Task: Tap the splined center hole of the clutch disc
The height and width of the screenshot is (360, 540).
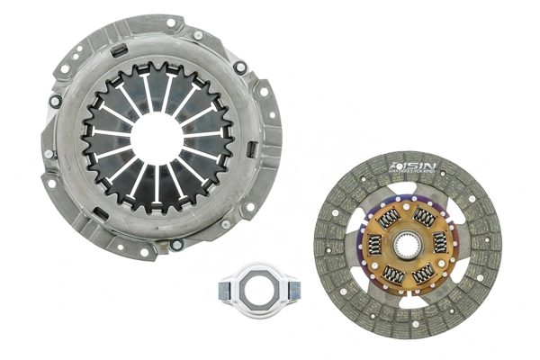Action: tap(409, 244)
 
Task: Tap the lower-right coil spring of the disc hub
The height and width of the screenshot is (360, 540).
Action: tap(426, 272)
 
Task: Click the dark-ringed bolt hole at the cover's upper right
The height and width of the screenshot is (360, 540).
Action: tap(239, 67)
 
